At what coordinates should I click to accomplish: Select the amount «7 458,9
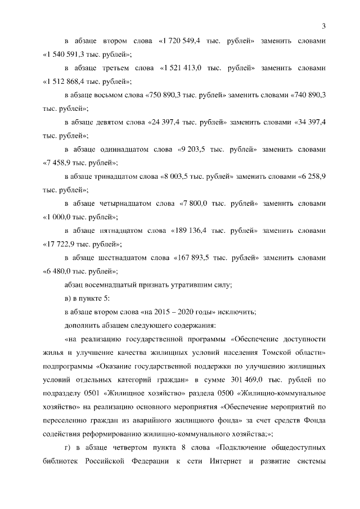60,163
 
